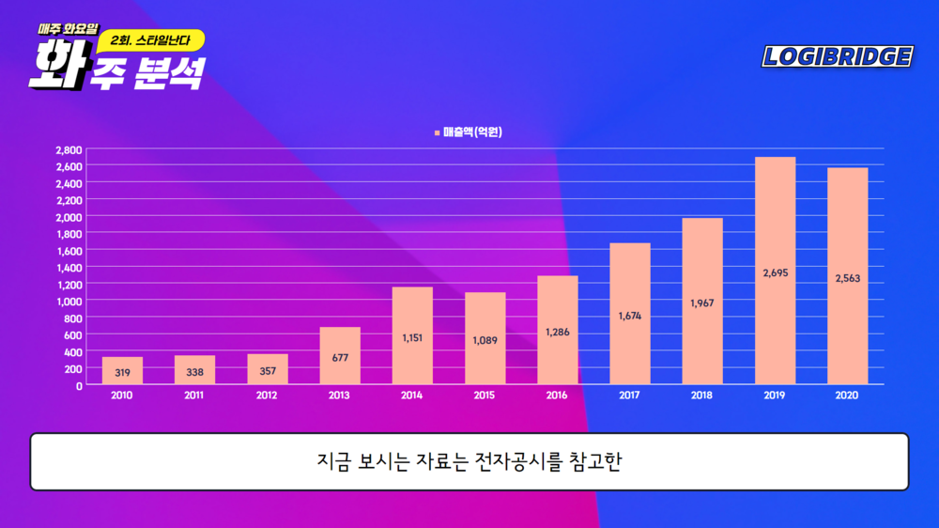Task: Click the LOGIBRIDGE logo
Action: pos(837,56)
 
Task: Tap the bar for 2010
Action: pos(122,370)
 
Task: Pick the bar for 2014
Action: pos(411,335)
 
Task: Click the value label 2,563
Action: pos(848,278)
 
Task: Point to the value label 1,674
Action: pos(630,316)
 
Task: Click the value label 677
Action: pos(340,357)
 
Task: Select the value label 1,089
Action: pos(485,340)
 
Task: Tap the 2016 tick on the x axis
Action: pos(557,396)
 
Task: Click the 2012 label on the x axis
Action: pos(268,396)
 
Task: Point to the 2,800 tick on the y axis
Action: pos(69,149)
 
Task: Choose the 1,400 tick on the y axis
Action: pos(69,267)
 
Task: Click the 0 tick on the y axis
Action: pos(79,384)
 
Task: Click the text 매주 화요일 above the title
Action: pos(68,28)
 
